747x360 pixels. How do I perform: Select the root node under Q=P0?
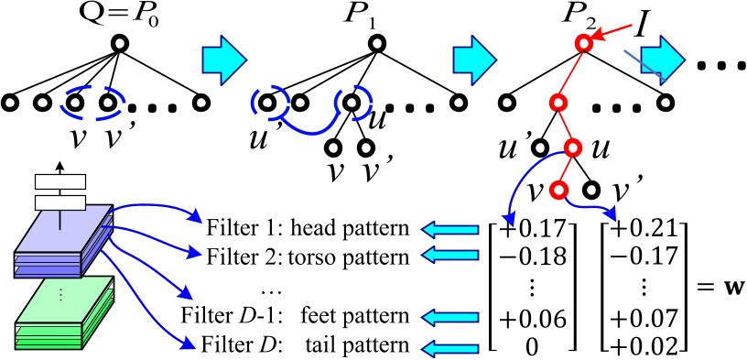tap(118, 43)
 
